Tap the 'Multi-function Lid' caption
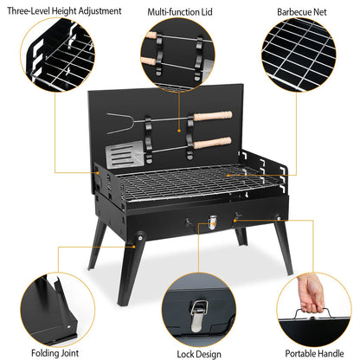pyautogui.click(x=180, y=12)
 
